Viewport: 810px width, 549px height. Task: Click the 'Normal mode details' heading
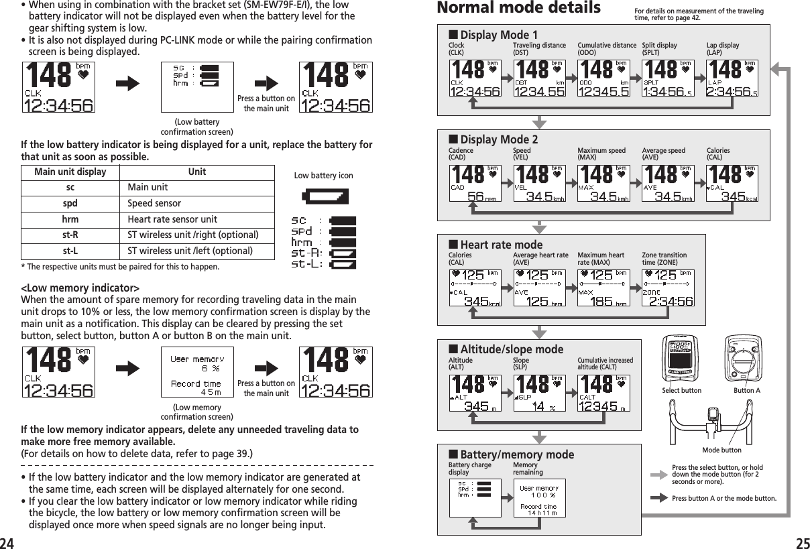[518, 9]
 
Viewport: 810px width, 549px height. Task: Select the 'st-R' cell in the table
[70, 235]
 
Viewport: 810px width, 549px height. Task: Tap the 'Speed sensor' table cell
[154, 203]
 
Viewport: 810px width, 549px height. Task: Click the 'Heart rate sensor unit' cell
[172, 219]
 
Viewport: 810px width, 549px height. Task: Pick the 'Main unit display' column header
[70, 172]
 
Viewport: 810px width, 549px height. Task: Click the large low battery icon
[325, 196]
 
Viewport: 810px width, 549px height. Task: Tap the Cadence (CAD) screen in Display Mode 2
[474, 184]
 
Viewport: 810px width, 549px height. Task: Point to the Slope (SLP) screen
[538, 393]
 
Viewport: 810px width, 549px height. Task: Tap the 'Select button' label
[681, 390]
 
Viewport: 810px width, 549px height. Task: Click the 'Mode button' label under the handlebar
[721, 450]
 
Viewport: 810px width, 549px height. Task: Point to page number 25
[800, 540]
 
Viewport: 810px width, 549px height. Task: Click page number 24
[8, 540]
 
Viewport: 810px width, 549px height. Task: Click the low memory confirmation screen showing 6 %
[197, 372]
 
